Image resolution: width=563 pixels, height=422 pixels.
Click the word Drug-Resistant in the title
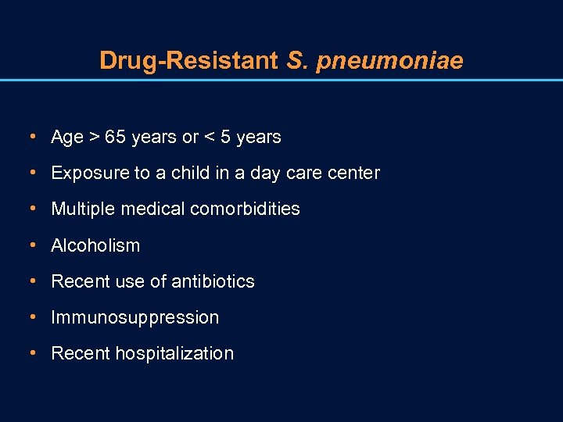tap(188, 60)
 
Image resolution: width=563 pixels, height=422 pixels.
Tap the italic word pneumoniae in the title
tap(389, 61)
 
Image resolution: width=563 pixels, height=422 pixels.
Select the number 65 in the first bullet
tap(115, 138)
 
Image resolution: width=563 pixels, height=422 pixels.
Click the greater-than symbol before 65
tap(94, 138)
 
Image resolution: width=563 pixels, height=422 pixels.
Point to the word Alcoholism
tap(95, 245)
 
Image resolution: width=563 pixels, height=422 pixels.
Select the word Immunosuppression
tap(134, 318)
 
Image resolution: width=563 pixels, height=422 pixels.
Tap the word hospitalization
tap(174, 354)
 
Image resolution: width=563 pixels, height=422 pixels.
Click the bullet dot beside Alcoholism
tap(31, 245)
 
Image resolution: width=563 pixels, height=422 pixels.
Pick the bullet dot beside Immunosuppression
tap(31, 316)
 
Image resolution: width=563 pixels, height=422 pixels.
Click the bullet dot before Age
tap(31, 137)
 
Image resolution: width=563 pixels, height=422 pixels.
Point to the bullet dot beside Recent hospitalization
tap(31, 352)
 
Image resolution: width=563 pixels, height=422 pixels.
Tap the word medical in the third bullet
tap(156, 209)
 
